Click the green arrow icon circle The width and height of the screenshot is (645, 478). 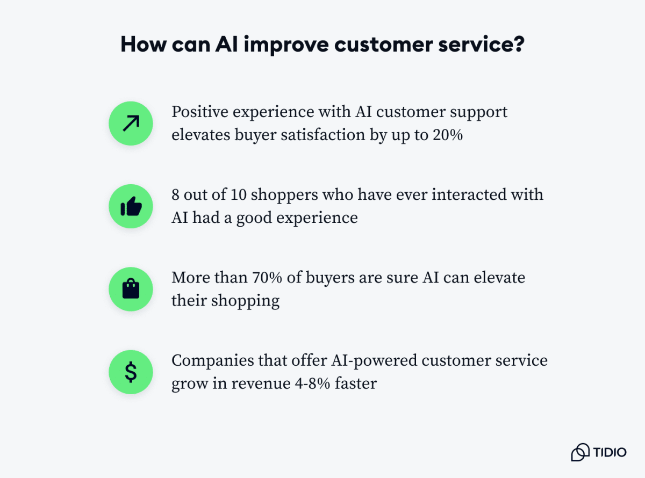131,124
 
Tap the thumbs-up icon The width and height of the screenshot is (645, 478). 131,206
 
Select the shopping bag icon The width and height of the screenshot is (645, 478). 131,289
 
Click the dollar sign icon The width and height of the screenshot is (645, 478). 131,372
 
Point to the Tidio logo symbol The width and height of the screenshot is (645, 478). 580,452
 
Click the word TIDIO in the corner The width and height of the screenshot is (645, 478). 610,452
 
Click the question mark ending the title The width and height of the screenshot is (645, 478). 518,45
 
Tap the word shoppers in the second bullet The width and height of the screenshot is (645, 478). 284,194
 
